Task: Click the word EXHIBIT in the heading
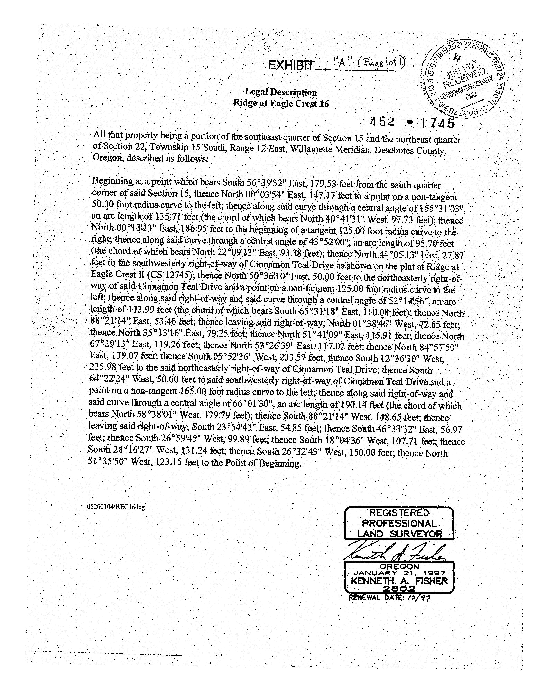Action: pos(291,66)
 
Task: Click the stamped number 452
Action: pos(383,122)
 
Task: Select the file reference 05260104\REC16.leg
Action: pos(116,507)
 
